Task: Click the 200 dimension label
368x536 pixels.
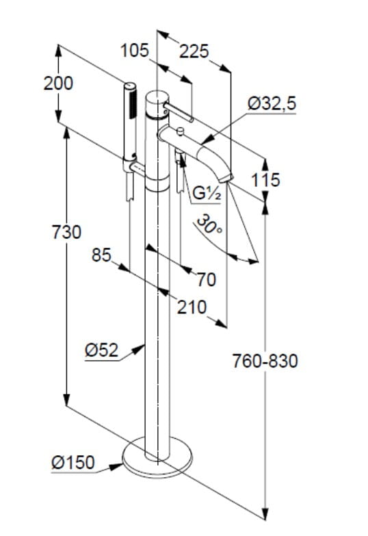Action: click(x=58, y=84)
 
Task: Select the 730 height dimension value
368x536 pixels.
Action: click(x=66, y=232)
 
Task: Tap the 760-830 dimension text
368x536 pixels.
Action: click(x=265, y=361)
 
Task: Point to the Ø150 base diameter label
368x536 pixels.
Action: click(x=73, y=463)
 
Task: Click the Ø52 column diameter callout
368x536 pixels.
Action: click(x=101, y=350)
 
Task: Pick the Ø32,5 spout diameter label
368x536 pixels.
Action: click(x=272, y=103)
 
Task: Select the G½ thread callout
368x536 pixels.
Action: click(x=207, y=194)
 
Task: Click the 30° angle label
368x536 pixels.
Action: click(x=209, y=224)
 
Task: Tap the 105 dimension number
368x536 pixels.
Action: click(x=135, y=51)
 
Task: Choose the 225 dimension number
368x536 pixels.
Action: click(x=194, y=51)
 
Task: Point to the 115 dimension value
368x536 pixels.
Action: click(x=266, y=180)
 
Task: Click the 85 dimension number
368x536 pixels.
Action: click(x=101, y=255)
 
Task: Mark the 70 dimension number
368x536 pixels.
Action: click(x=207, y=279)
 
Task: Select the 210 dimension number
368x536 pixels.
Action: click(x=192, y=307)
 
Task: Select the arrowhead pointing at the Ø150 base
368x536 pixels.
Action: click(x=116, y=466)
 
